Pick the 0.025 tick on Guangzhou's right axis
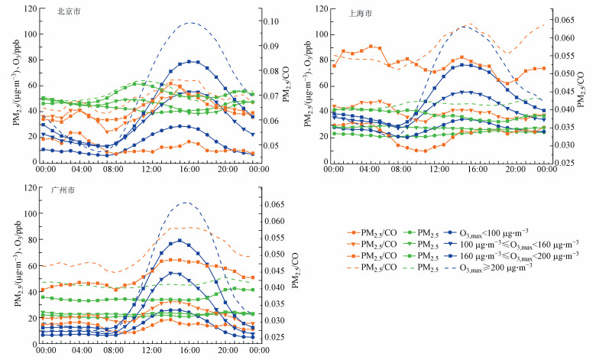tap(274, 336)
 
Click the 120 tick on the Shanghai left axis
tap(322, 9)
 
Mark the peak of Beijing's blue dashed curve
tap(190, 22)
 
